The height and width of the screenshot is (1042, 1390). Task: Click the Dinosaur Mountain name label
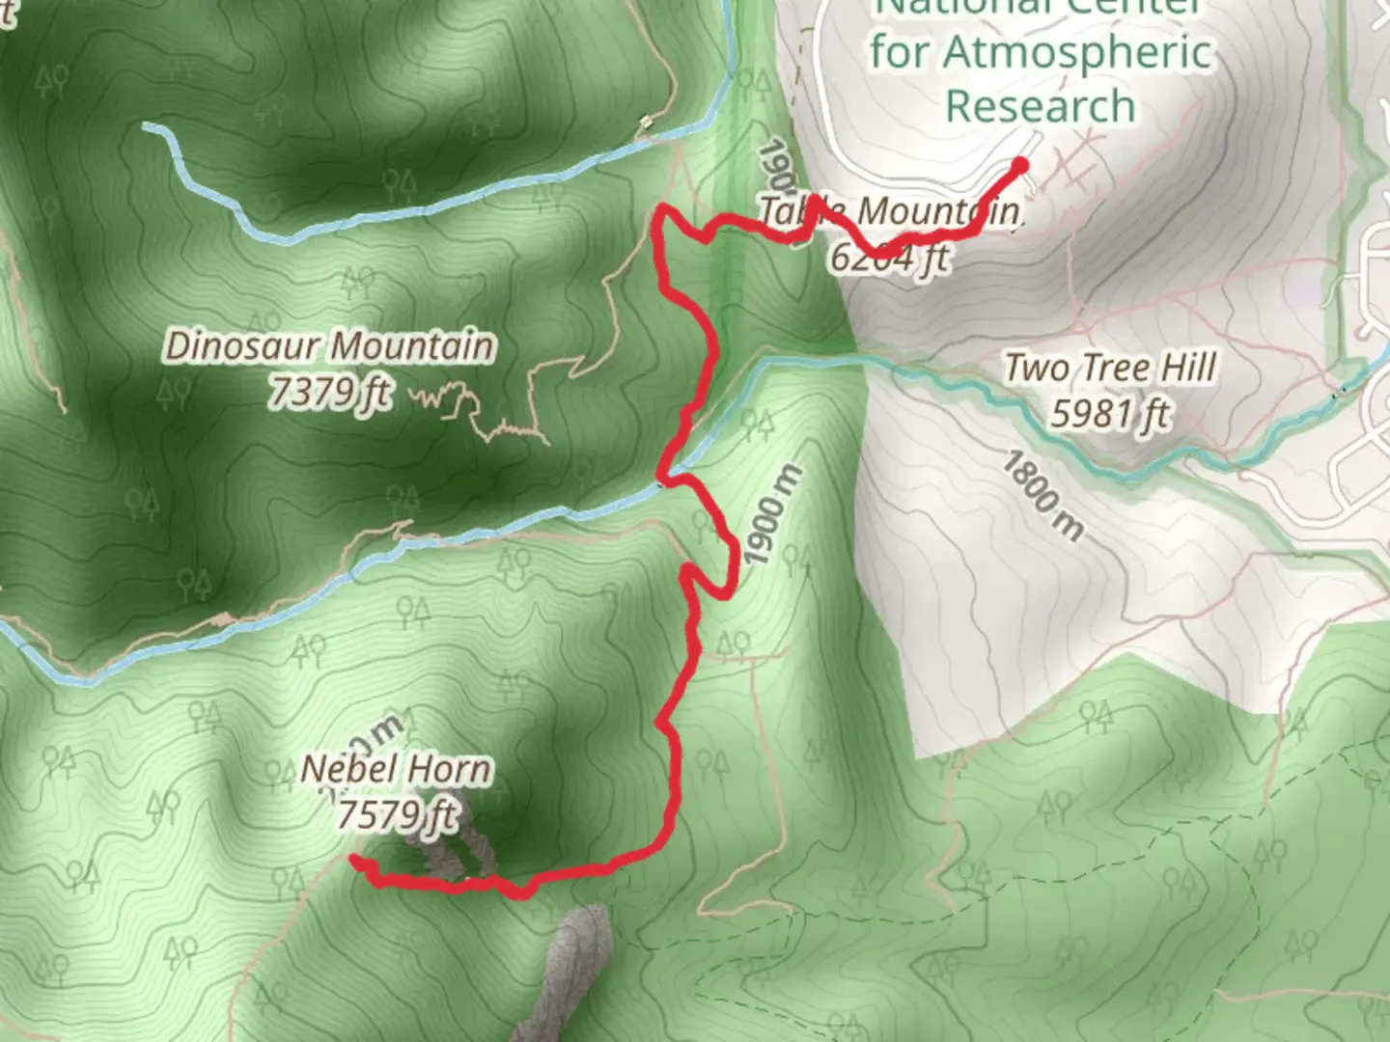pyautogui.click(x=329, y=345)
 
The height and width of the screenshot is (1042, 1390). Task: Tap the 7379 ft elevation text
pyautogui.click(x=329, y=392)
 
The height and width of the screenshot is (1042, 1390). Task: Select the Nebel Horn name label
pyautogui.click(x=396, y=769)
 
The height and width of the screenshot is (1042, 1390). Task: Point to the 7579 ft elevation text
pyautogui.click(x=396, y=815)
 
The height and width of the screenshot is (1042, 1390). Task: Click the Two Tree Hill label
pyautogui.click(x=1109, y=368)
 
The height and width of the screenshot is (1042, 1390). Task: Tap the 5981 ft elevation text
pyautogui.click(x=1109, y=414)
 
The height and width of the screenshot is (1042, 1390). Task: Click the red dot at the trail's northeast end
pyautogui.click(x=1018, y=164)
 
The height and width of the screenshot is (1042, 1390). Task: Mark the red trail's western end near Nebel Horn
pyautogui.click(x=355, y=859)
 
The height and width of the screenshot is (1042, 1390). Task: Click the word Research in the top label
pyautogui.click(x=1040, y=105)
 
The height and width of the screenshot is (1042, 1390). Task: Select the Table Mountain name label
pyautogui.click(x=888, y=210)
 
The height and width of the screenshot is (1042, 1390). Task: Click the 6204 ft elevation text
pyautogui.click(x=889, y=257)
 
